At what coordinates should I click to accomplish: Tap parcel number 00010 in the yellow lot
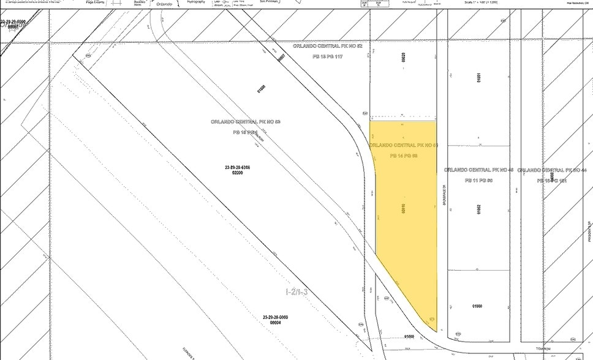click(405, 210)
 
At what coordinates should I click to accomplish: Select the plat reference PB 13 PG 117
click(327, 56)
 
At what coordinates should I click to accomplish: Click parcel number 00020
click(404, 58)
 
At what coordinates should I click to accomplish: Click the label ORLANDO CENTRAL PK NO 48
click(478, 170)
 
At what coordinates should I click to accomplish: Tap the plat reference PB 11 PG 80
click(478, 181)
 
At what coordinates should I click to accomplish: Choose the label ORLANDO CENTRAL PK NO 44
click(555, 170)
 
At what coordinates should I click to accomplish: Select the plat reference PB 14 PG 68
click(404, 156)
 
